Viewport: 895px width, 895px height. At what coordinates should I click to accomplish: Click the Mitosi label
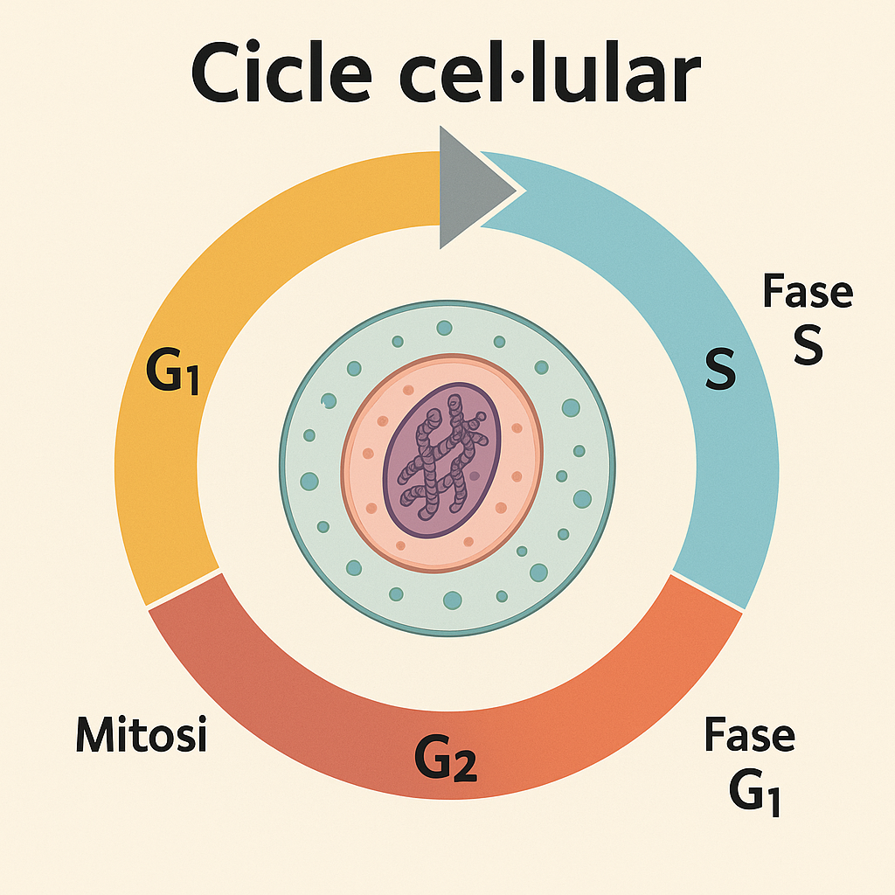[x=141, y=734]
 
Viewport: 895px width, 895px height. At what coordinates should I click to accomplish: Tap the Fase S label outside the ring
[x=807, y=318]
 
